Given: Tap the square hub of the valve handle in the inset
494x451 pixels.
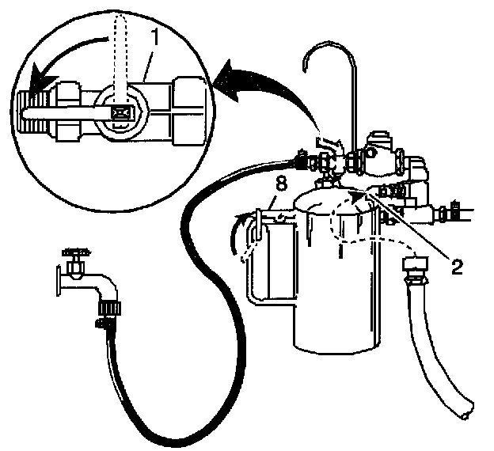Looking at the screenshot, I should pos(121,112).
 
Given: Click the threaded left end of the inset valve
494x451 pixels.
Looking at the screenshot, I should pos(28,110).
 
